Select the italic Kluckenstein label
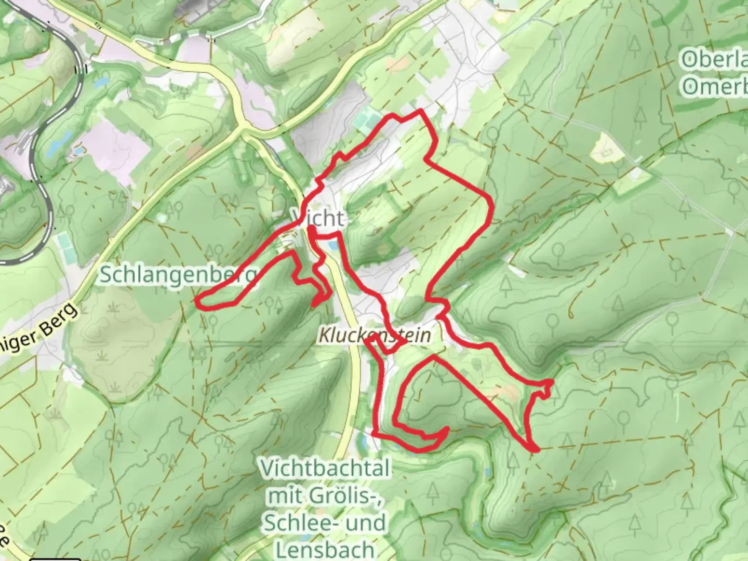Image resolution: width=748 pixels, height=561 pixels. (x=375, y=336)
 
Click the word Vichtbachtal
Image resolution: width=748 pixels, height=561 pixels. (x=325, y=469)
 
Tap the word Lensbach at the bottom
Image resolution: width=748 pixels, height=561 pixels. (x=325, y=549)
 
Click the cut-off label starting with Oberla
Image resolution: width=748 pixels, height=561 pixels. (x=714, y=60)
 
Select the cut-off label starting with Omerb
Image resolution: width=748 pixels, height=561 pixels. (x=714, y=87)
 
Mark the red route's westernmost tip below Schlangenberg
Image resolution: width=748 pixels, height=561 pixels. (x=198, y=300)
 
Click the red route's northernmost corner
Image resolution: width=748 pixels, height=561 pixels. (x=420, y=111)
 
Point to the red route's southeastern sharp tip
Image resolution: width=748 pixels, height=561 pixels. (x=535, y=449)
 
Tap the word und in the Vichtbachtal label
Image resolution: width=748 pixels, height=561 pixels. (x=367, y=522)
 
